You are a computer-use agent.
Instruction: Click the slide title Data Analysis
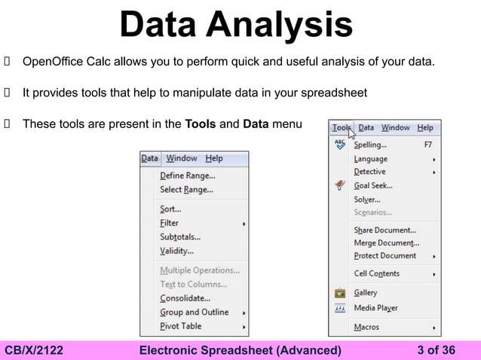(x=236, y=24)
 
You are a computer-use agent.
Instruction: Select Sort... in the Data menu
(x=170, y=209)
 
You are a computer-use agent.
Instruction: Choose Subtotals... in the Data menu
(x=180, y=237)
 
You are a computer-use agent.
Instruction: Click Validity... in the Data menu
(x=176, y=251)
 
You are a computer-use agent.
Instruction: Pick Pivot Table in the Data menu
(x=180, y=326)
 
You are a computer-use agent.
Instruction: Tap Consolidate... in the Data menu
(x=185, y=298)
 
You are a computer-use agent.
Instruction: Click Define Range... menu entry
(x=187, y=175)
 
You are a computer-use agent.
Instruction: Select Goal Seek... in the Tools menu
(x=372, y=185)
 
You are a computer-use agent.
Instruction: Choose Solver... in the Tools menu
(x=366, y=200)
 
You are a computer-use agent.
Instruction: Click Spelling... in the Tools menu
(x=370, y=144)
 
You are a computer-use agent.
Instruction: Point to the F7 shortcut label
(x=427, y=144)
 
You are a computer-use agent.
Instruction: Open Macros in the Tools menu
(x=366, y=328)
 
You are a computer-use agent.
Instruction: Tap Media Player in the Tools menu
(x=375, y=308)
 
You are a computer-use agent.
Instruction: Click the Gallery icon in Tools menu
(x=340, y=293)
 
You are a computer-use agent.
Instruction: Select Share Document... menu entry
(x=384, y=230)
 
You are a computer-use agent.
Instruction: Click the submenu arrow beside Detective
(x=434, y=172)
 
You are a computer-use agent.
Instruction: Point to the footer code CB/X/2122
(x=34, y=350)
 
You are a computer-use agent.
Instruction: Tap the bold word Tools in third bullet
(x=200, y=124)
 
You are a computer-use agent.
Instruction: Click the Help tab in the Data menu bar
(x=214, y=158)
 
